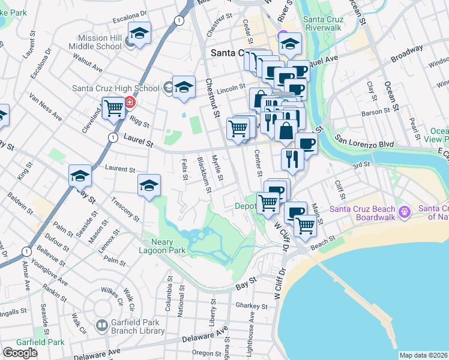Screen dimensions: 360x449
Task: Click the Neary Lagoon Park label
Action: (x=163, y=245)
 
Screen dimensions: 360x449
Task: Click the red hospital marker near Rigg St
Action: (x=129, y=103)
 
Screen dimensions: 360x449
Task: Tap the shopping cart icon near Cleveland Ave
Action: (x=113, y=109)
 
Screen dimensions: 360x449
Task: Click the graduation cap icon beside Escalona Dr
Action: (x=140, y=34)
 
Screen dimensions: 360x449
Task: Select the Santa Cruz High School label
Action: (x=115, y=88)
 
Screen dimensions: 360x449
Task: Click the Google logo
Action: (x=20, y=353)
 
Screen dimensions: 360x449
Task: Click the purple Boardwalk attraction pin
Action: (x=405, y=211)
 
